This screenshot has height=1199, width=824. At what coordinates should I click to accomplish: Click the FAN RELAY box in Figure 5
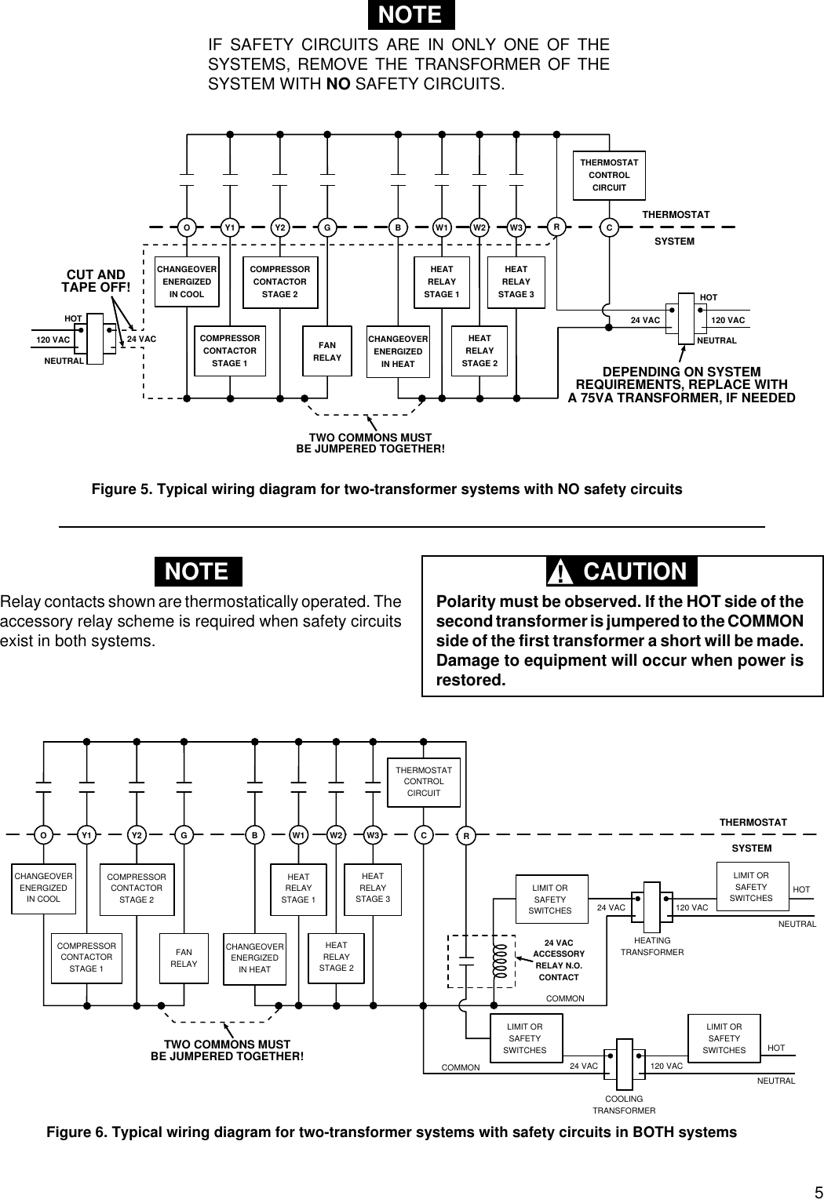pos(327,351)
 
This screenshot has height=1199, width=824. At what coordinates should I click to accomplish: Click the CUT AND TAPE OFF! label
pos(96,281)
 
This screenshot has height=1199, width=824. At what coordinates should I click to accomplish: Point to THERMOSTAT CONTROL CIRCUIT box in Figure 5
pos(609,176)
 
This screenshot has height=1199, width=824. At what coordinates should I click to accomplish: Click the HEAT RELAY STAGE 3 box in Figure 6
pos(373,888)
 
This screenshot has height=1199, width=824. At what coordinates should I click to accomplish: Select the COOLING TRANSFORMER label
pos(624,1105)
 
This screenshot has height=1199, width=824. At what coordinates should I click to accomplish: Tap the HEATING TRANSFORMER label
pos(652,946)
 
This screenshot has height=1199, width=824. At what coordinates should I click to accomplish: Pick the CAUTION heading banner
pos(622,572)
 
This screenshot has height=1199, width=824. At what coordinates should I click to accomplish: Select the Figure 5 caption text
pos(387,489)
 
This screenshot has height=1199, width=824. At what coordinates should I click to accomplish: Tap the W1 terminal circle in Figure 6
pos(298,836)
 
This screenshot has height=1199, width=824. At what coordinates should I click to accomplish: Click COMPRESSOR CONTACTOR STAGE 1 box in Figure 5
pos(230,351)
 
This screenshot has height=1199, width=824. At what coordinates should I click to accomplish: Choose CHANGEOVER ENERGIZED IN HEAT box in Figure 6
pos(254,958)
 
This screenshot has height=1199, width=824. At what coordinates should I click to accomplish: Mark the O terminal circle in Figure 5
pos(187,228)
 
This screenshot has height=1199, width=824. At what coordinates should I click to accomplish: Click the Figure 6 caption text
pos(392,1132)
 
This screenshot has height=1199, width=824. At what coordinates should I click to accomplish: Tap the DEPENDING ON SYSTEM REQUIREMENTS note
pos(681,384)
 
